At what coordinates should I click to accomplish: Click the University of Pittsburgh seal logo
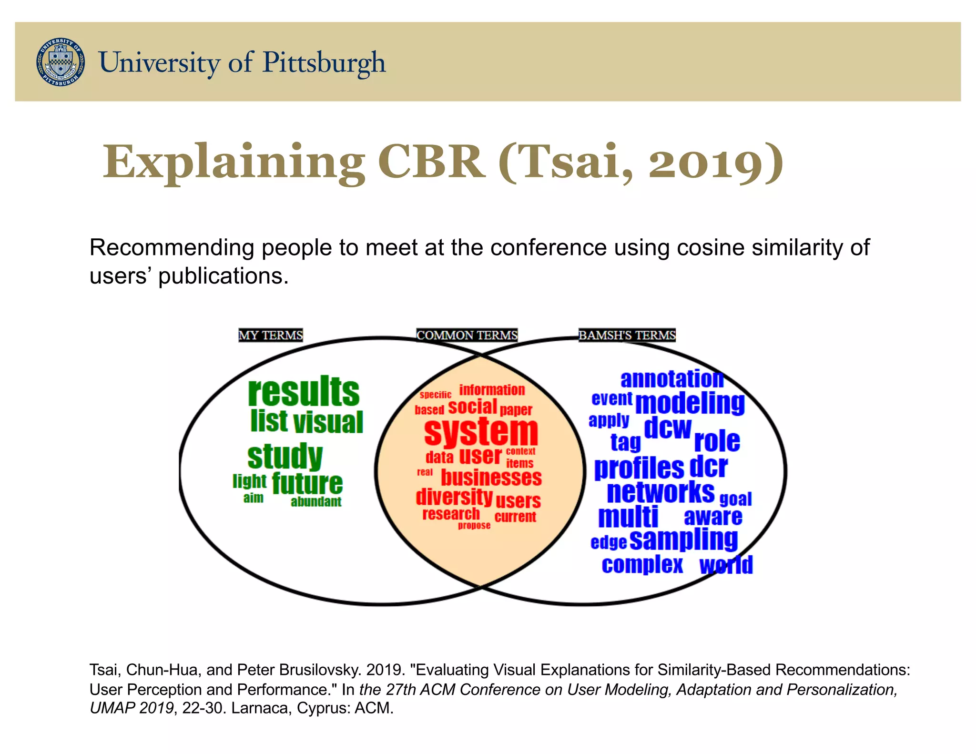click(61, 62)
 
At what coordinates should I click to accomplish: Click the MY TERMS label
click(270, 335)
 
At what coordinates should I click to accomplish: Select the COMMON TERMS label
click(467, 335)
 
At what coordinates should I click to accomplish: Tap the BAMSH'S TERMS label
click(627, 335)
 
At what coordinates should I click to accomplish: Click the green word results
click(304, 392)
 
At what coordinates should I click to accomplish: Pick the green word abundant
click(316, 501)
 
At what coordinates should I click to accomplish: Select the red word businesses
click(491, 477)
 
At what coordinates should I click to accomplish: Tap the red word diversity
click(454, 497)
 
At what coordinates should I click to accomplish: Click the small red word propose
click(474, 525)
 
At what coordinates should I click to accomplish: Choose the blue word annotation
click(672, 379)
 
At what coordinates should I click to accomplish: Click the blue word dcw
click(667, 428)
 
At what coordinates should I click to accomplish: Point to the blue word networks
click(661, 492)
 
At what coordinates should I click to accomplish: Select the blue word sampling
click(683, 540)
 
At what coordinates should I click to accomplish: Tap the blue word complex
click(642, 565)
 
